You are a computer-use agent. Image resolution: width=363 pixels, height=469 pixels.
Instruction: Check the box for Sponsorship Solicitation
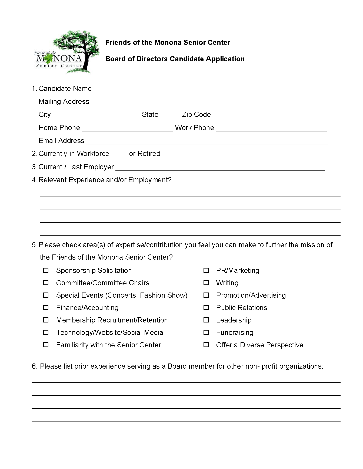(x=46, y=270)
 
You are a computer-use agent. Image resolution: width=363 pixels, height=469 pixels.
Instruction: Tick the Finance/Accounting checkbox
(x=46, y=307)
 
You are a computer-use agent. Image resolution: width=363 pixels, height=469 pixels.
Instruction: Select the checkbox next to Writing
(x=206, y=283)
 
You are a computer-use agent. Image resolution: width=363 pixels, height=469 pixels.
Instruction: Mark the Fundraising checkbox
(x=206, y=332)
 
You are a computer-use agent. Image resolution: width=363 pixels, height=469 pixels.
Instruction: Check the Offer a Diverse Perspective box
(x=206, y=345)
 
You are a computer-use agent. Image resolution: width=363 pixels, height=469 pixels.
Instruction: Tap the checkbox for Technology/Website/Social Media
(x=46, y=332)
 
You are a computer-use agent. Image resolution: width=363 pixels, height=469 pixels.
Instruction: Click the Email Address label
(x=61, y=141)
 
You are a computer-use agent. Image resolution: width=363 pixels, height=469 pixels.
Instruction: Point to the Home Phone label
(x=59, y=128)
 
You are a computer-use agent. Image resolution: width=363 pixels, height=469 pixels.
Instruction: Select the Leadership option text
(x=234, y=320)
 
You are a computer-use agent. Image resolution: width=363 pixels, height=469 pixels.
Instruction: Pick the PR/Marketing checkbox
(x=206, y=270)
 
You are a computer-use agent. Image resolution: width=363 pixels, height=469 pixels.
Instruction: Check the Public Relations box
(x=206, y=307)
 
